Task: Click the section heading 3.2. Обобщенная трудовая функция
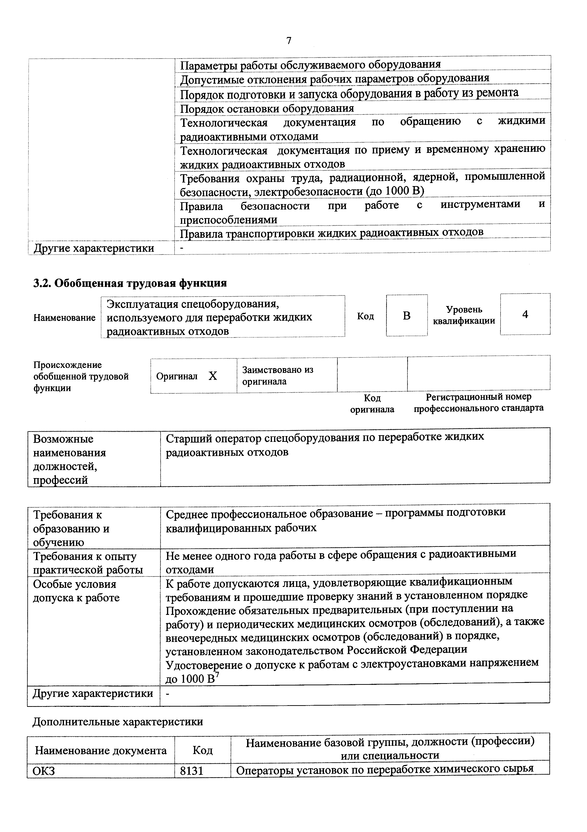(130, 283)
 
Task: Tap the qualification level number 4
(525, 314)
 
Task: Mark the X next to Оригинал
(213, 376)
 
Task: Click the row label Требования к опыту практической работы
(88, 563)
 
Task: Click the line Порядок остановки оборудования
(267, 108)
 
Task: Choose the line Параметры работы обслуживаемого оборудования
(310, 64)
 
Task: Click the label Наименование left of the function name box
(64, 318)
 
